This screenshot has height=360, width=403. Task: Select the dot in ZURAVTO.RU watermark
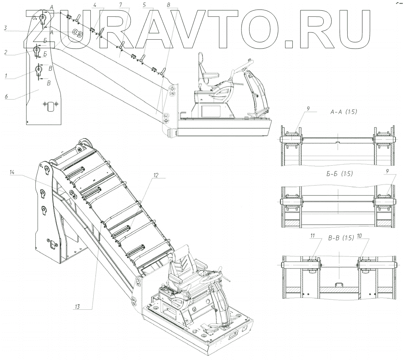[x=288, y=44]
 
